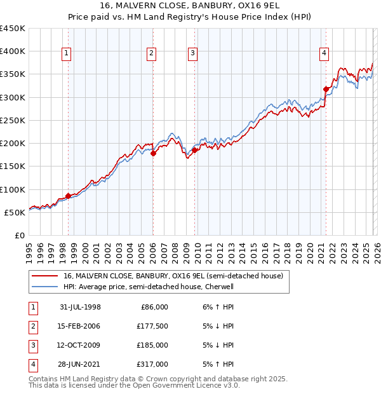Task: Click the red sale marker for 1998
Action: (x=69, y=196)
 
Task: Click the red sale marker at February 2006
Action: (x=153, y=153)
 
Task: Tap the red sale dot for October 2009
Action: (x=194, y=150)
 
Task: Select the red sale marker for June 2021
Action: (x=326, y=89)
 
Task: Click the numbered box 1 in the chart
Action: (x=67, y=54)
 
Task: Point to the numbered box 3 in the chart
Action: (x=192, y=54)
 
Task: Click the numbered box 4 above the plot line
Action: (x=324, y=54)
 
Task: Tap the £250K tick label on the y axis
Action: (x=13, y=120)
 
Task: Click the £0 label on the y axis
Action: (x=20, y=235)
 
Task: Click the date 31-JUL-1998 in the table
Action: (x=80, y=307)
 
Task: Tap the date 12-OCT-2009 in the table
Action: (x=80, y=345)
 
